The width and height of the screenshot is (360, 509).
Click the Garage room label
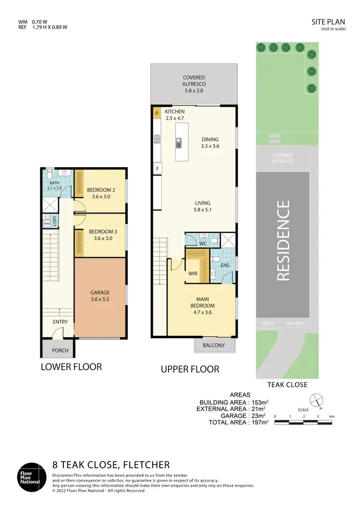[x=100, y=296]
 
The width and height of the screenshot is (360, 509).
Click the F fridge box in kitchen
[x=156, y=169]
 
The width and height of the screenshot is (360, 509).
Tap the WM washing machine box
[x=47, y=223]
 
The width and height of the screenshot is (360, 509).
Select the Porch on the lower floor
[x=60, y=350]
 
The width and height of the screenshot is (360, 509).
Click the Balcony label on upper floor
[x=214, y=345]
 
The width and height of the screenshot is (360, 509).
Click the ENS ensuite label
[x=225, y=265]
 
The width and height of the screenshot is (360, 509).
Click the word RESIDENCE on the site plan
[x=284, y=241]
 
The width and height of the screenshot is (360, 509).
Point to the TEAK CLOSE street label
[x=287, y=385]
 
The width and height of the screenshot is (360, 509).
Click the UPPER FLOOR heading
[x=190, y=369]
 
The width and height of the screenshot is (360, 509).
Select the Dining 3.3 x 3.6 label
[x=210, y=143]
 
